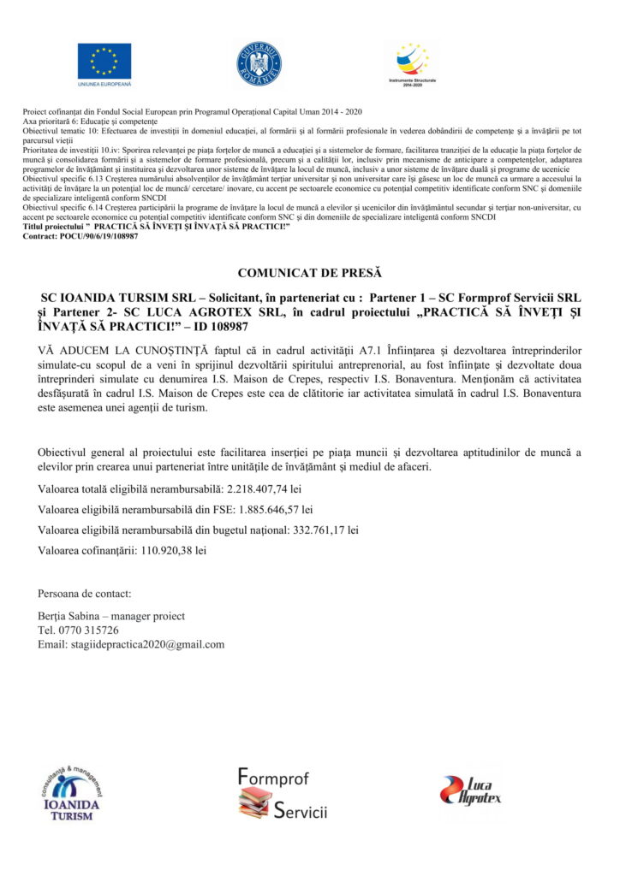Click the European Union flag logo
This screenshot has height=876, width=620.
tap(104, 61)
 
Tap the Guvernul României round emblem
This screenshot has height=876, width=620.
tap(259, 64)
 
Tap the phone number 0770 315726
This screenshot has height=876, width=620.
tap(88, 630)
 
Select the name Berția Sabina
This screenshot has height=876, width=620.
tap(69, 616)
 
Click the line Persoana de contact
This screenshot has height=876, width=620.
tap(85, 594)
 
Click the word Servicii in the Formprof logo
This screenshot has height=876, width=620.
tap(301, 811)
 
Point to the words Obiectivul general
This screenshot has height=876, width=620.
tap(79, 453)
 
